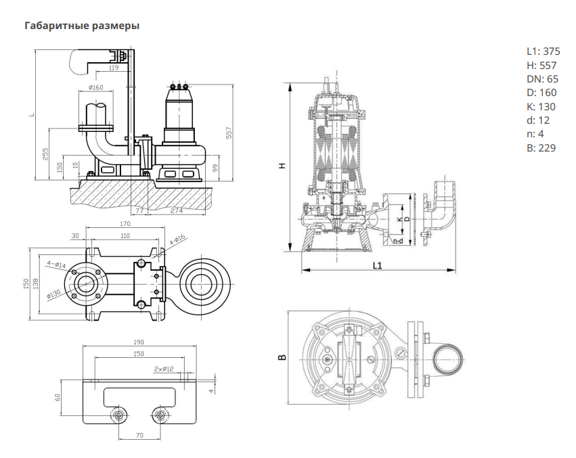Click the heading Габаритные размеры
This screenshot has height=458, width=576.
tap(82, 26)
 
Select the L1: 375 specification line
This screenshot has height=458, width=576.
tap(543, 51)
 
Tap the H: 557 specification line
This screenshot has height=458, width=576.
tap(541, 65)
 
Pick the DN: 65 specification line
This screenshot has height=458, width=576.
tap(542, 78)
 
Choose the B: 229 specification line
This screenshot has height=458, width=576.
tap(541, 147)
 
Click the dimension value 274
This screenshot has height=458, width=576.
tap(177, 211)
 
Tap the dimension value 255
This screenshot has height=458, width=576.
tap(45, 154)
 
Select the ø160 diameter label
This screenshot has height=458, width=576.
tap(96, 87)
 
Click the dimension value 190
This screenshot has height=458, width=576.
tap(138, 342)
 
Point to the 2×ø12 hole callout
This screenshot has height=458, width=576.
tap(164, 369)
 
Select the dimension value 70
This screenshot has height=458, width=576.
tap(139, 435)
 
